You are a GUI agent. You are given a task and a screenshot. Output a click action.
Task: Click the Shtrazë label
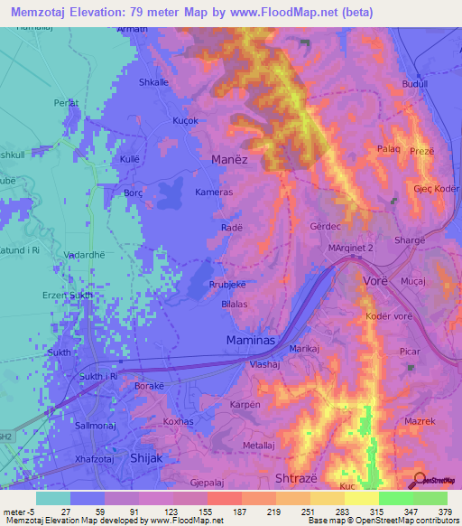296,477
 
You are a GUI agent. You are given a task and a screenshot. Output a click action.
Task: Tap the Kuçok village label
184,120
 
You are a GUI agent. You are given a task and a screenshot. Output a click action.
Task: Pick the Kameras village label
214,193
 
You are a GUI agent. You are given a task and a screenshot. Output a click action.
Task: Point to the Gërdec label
324,226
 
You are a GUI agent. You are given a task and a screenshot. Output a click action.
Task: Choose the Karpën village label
245,404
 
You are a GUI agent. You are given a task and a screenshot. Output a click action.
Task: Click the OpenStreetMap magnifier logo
421,481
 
